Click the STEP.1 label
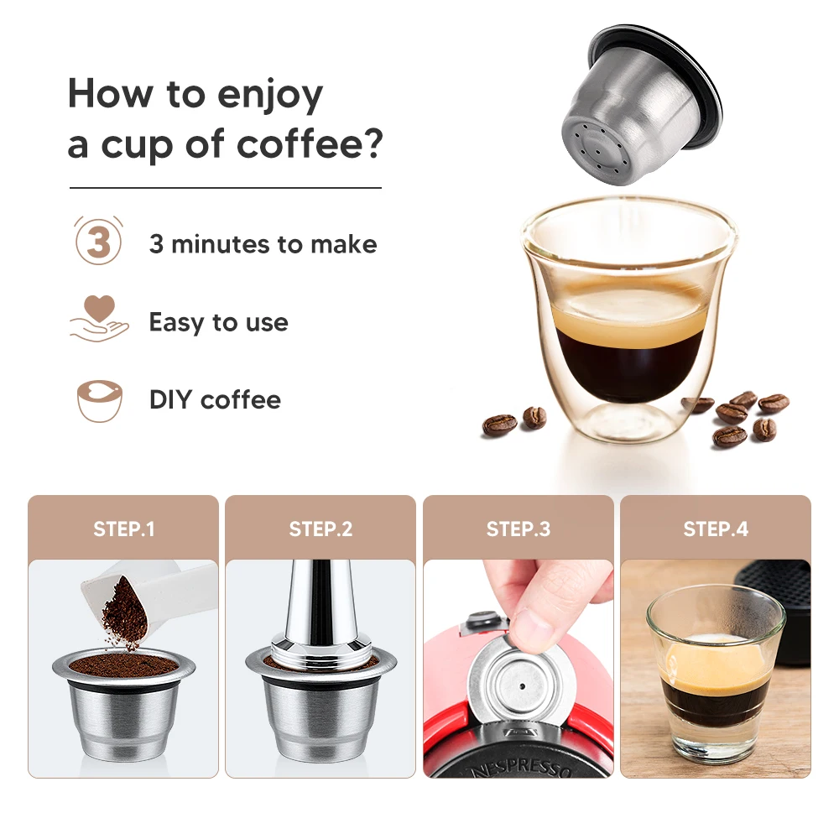[123, 529]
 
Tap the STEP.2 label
[320, 529]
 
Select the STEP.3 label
[519, 529]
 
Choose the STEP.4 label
[716, 529]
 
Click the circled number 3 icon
[99, 243]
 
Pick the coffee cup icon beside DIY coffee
[99, 399]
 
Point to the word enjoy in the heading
[271, 94]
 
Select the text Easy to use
[218, 322]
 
